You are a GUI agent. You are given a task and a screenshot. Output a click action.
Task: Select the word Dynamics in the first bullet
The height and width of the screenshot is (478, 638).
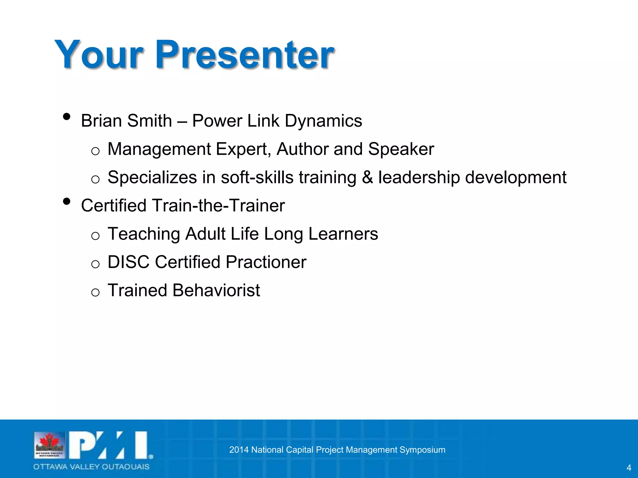tap(323, 121)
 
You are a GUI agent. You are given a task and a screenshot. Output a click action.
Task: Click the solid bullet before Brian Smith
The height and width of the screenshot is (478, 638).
tap(66, 117)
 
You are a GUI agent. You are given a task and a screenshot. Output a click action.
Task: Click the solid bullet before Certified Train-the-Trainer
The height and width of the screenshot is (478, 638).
tap(66, 201)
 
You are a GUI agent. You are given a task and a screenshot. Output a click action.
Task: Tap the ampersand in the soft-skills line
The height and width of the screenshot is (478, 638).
tap(367, 177)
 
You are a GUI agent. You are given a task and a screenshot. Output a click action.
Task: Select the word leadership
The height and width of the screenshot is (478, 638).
tap(419, 177)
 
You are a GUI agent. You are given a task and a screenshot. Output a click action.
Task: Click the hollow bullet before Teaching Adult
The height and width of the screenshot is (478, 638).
tap(95, 236)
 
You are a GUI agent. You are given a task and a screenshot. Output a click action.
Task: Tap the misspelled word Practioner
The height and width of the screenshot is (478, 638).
tap(266, 262)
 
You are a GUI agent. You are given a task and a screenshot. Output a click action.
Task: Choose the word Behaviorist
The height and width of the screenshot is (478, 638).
tap(216, 290)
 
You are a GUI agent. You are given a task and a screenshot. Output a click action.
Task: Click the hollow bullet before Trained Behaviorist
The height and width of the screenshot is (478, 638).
tap(95, 293)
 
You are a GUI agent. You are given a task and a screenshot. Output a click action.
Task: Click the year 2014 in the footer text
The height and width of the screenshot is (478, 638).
tap(239, 450)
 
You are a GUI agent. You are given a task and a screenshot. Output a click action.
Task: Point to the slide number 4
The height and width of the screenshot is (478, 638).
tap(629, 468)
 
